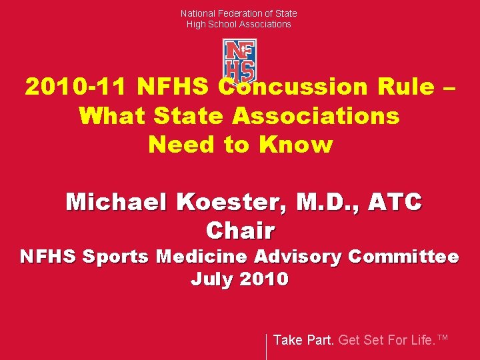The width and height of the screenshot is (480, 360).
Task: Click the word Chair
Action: click(x=240, y=231)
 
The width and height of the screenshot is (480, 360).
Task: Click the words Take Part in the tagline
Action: click(x=304, y=340)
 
